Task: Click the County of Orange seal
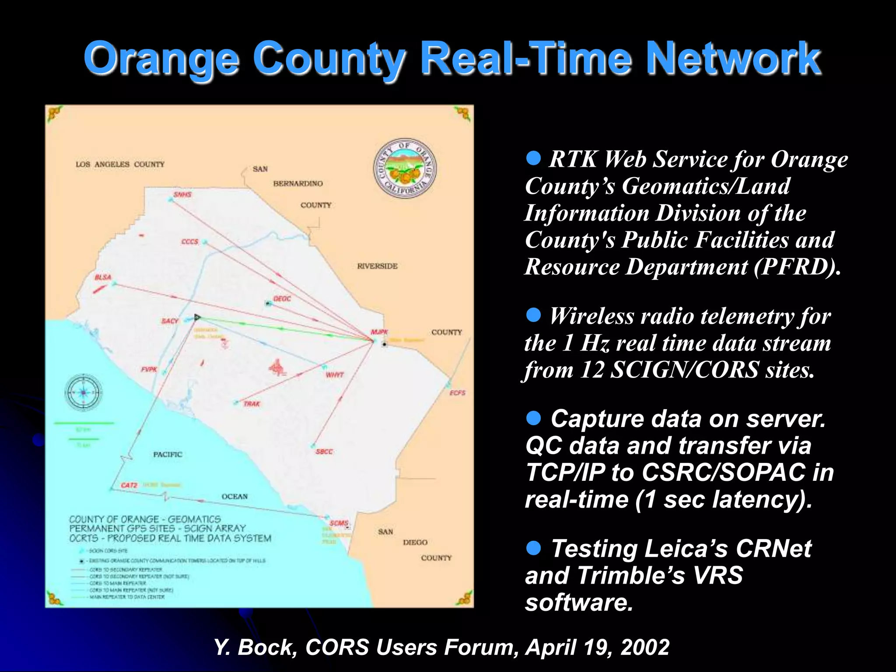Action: coord(404,169)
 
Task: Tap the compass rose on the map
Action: coord(83,392)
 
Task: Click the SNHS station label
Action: coord(182,194)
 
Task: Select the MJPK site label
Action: coord(379,332)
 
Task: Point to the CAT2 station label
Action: coord(129,485)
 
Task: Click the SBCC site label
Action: coord(324,451)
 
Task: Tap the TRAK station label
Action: coord(252,404)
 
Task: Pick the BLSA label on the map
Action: coord(103,277)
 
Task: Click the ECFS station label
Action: coord(457,393)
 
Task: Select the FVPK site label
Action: coord(149,369)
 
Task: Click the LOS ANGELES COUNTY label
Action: coord(120,164)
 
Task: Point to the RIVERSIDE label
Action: coord(377,266)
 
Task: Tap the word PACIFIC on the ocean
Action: coord(168,455)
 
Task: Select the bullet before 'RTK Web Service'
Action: coord(533,157)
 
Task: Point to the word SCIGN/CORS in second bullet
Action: coord(684,370)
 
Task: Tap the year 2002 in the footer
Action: coord(645,647)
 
